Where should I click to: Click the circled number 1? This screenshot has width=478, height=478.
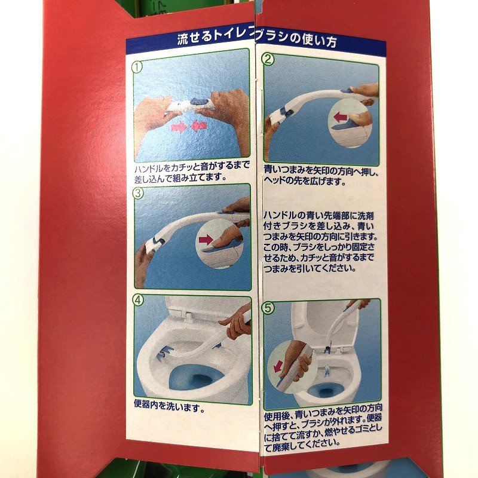[137, 67]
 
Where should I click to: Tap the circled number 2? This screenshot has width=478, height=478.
[268, 59]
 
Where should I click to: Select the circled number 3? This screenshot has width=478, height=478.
[139, 193]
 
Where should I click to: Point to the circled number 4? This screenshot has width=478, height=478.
[138, 301]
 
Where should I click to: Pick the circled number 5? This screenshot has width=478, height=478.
[268, 308]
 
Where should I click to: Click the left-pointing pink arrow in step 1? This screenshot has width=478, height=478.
[199, 126]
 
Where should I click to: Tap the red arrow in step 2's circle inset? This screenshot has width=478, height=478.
[341, 117]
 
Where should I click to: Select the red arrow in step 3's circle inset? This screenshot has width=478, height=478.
[206, 240]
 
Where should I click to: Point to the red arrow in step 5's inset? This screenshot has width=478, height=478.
[278, 366]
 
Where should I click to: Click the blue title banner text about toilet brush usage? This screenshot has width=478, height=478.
[257, 40]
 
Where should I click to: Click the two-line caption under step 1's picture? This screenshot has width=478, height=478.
[192, 172]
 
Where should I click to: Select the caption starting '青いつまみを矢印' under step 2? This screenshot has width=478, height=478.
[321, 176]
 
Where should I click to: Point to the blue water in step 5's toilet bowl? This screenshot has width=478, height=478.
[324, 391]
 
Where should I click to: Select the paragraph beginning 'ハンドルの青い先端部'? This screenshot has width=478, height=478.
[320, 242]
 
